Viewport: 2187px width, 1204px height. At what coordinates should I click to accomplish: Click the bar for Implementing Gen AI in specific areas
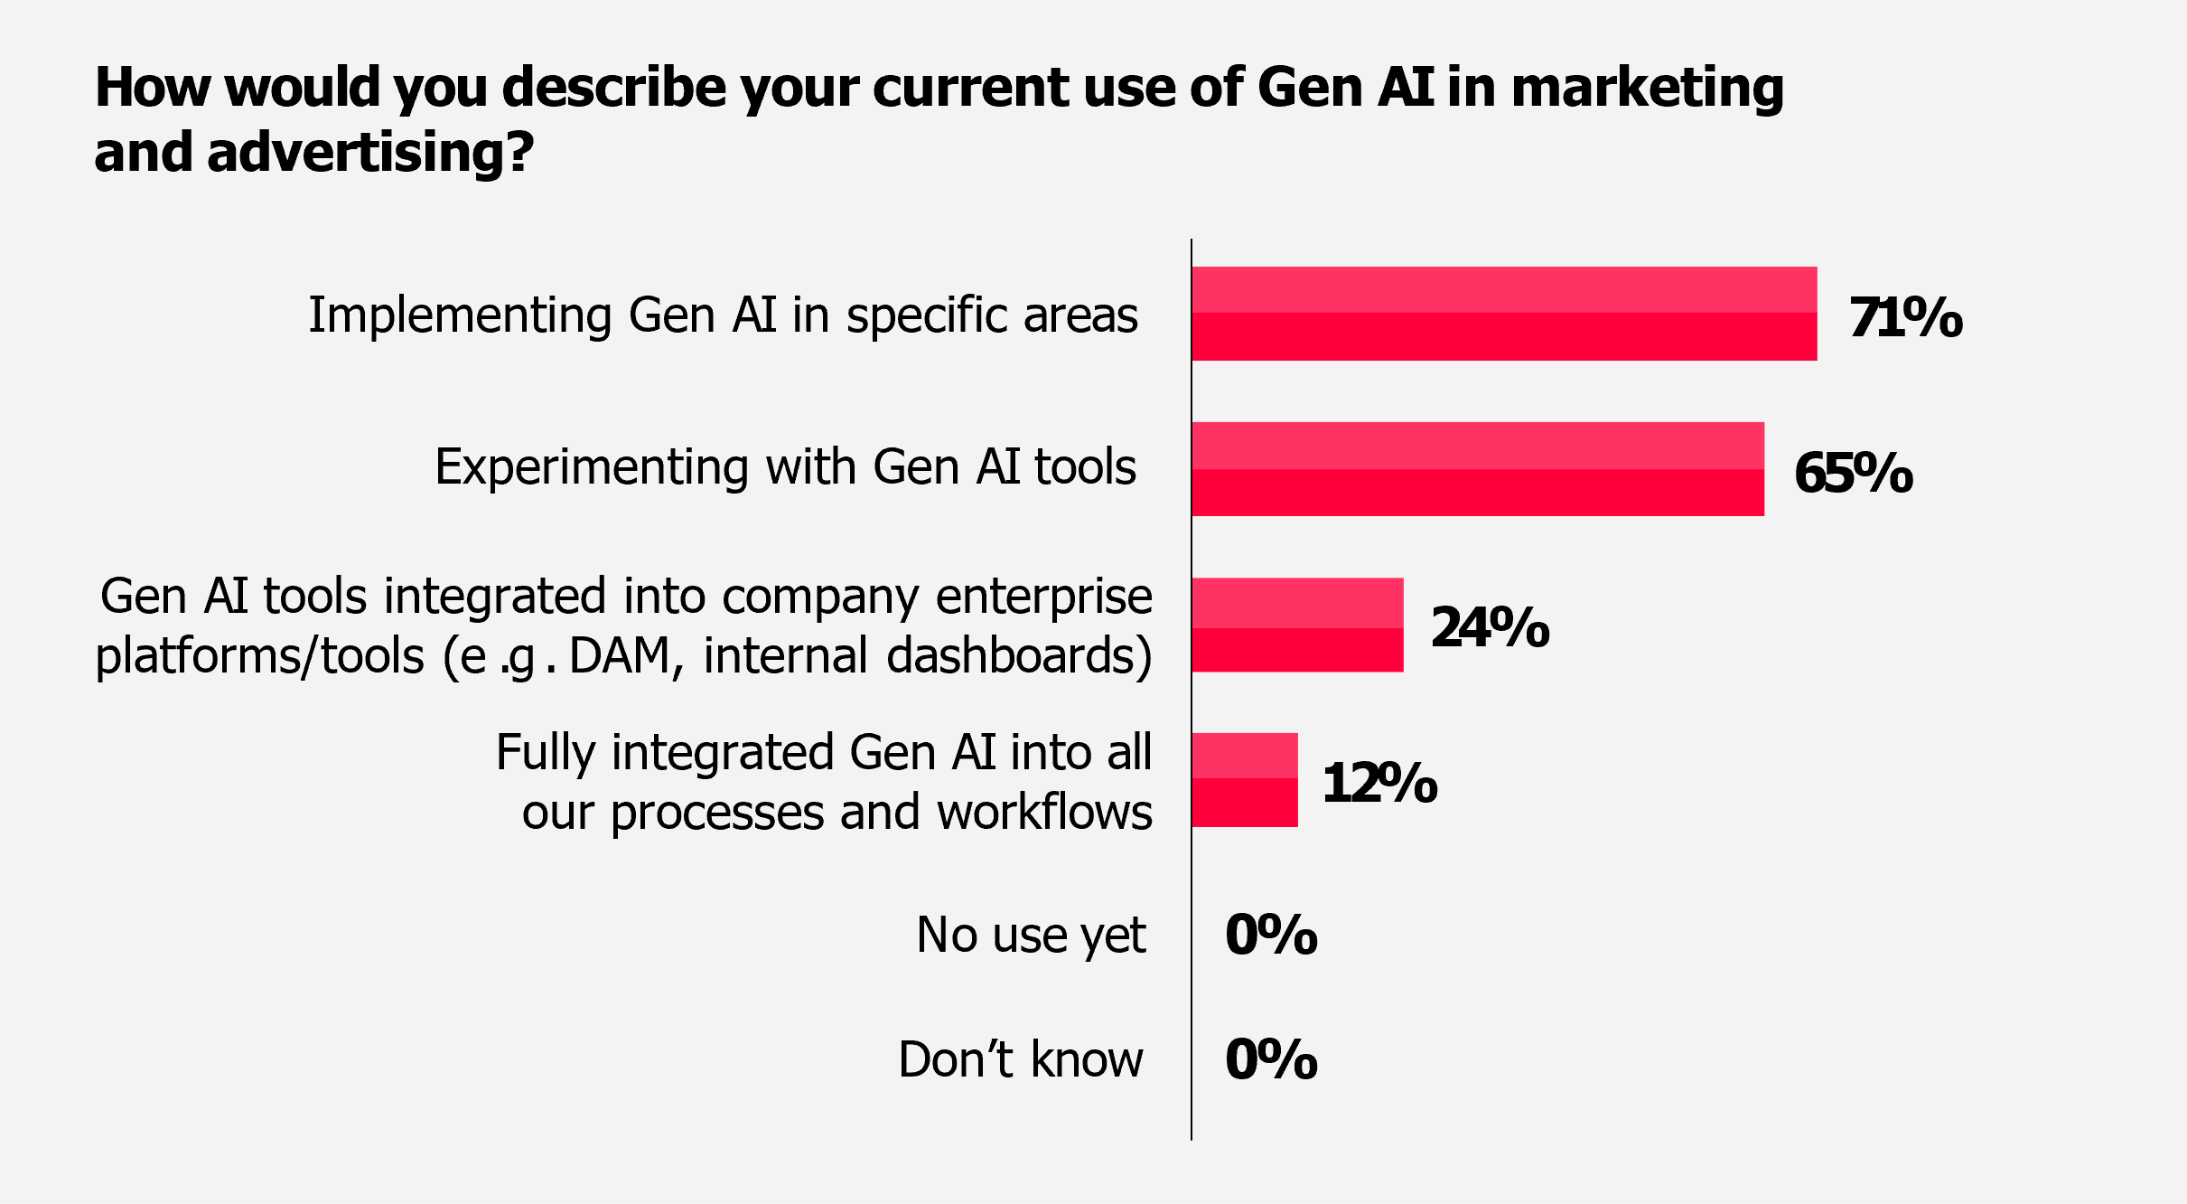point(1504,314)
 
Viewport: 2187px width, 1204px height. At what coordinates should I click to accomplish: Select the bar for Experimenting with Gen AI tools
point(1478,469)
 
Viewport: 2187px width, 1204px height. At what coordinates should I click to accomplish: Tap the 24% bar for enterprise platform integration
point(1297,625)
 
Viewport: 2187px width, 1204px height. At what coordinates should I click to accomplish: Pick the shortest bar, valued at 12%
point(1245,780)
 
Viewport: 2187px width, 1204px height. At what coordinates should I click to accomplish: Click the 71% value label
point(1905,317)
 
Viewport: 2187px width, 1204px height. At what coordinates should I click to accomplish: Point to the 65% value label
point(1853,473)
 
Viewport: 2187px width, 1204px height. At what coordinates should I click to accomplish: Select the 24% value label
point(1490,627)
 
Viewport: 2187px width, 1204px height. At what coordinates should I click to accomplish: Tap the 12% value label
point(1379,783)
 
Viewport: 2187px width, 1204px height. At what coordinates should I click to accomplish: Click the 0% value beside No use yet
point(1271,935)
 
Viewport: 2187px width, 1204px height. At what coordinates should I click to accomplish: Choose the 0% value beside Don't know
point(1271,1059)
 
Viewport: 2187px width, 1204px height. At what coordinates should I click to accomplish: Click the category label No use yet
point(1031,935)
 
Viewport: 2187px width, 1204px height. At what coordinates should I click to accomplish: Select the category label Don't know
point(1021,1059)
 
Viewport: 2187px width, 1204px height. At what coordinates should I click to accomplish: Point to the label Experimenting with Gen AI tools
point(785,467)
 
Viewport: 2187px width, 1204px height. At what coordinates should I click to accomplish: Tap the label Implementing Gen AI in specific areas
point(723,315)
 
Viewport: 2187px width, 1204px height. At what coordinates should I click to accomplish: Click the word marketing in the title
point(1647,89)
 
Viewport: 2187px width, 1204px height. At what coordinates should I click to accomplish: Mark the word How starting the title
point(152,88)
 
